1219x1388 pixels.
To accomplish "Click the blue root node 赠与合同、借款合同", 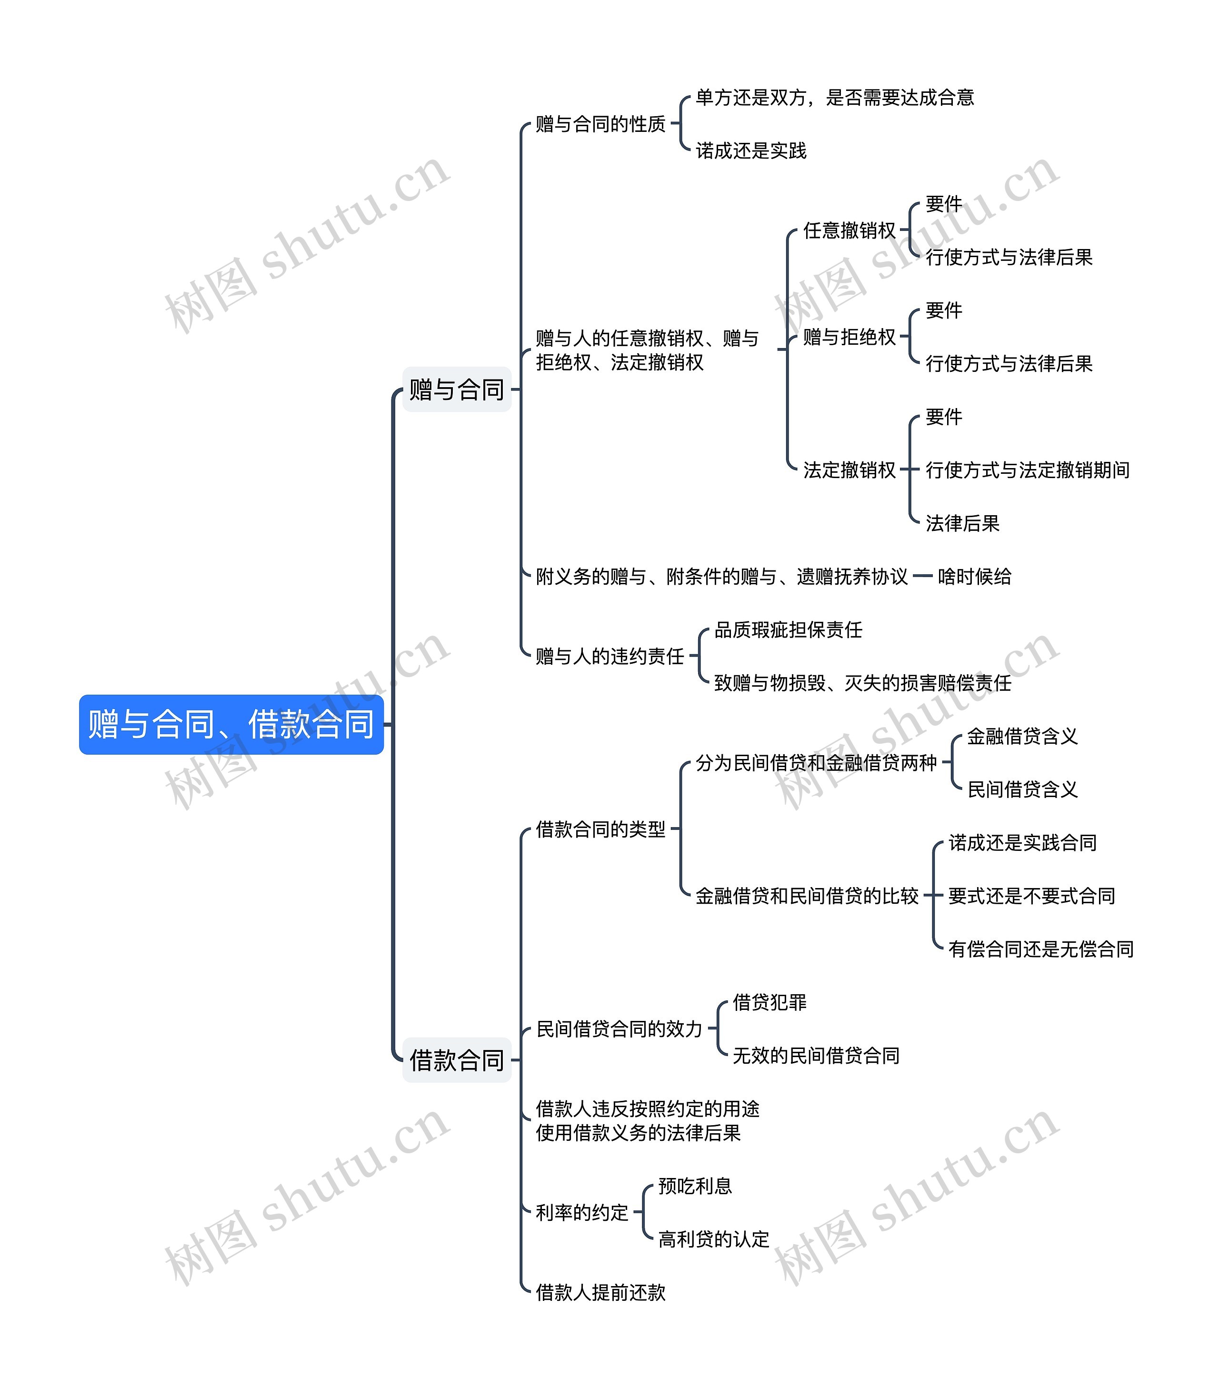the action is [231, 724].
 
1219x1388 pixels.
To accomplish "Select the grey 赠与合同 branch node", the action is [456, 390].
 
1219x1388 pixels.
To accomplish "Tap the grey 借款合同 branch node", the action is [456, 1060].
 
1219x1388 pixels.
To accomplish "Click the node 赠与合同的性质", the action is [600, 124].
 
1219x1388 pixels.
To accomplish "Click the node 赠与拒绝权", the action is [849, 337].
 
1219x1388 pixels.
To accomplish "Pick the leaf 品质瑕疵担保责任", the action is [788, 630].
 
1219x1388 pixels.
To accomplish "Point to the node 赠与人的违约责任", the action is [610, 657].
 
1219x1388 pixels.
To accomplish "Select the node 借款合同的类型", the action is [600, 829].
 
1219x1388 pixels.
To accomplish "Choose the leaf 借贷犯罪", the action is [769, 1002].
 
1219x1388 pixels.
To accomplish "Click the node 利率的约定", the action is [582, 1213].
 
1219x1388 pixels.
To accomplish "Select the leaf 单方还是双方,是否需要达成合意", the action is [835, 98].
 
